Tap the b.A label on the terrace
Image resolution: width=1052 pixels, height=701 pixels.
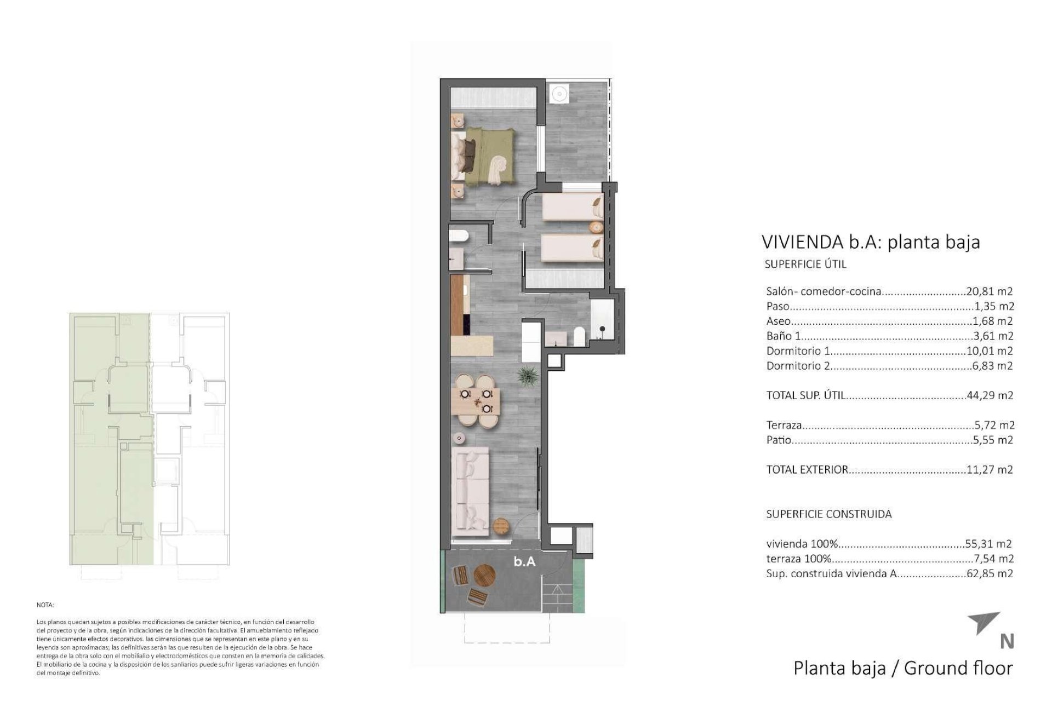[x=524, y=561]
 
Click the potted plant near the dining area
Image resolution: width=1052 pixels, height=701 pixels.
[x=527, y=376]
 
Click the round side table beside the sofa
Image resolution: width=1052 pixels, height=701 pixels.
[x=501, y=526]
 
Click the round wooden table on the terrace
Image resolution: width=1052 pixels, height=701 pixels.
[x=484, y=576]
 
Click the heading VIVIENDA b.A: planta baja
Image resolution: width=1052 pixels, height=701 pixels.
[x=870, y=242]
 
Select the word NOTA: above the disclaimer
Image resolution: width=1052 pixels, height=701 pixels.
[x=45, y=605]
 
